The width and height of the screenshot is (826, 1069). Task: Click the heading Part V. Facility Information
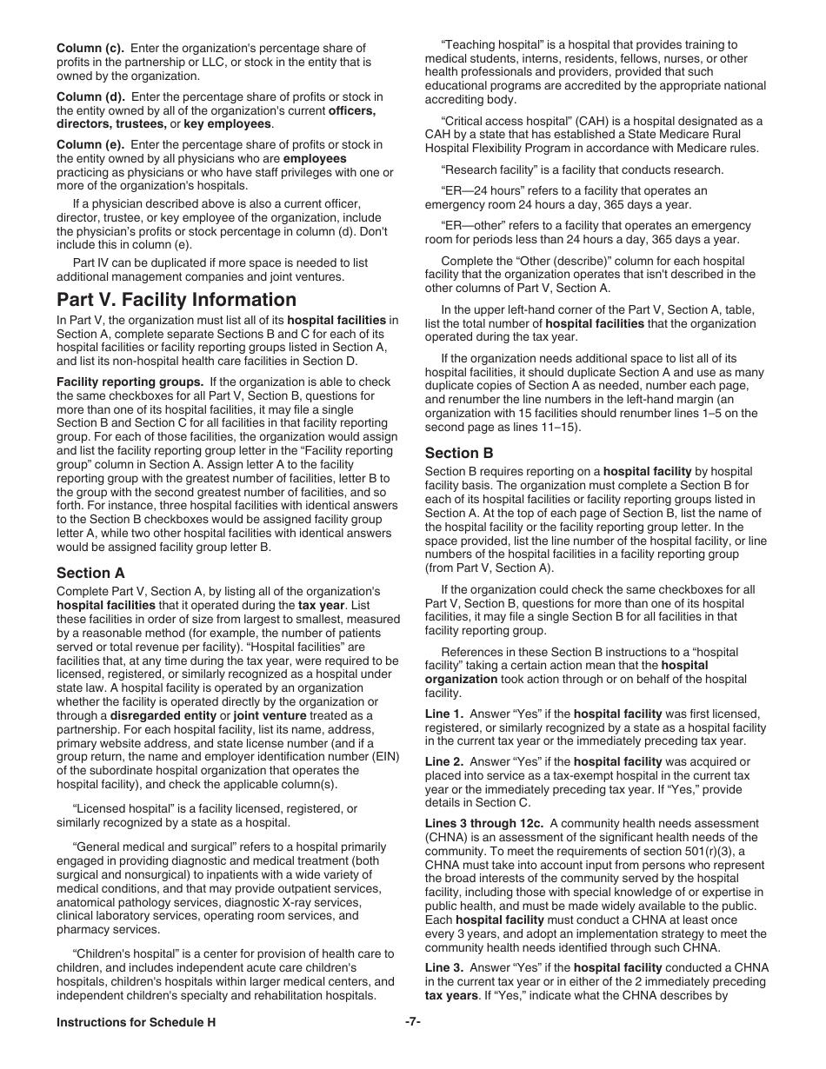tap(176, 300)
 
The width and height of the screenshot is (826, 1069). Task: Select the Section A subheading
tap(90, 573)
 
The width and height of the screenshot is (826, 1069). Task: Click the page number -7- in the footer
tap(412, 1022)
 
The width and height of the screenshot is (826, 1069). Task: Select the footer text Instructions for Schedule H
tap(136, 1023)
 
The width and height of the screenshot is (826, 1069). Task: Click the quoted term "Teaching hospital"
tap(490, 44)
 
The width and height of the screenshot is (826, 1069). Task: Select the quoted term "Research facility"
tap(491, 169)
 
